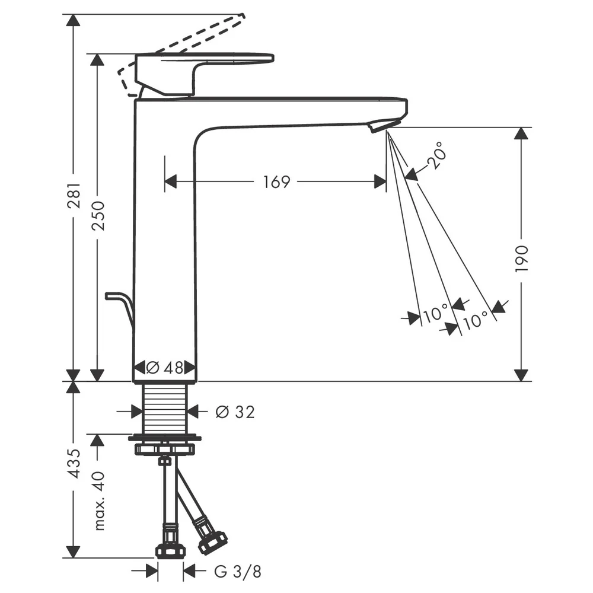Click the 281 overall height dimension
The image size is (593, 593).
click(x=75, y=196)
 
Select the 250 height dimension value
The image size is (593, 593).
click(x=98, y=216)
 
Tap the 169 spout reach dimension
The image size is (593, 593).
click(x=276, y=182)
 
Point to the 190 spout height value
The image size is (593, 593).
click(x=521, y=259)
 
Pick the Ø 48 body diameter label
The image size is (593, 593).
click(x=164, y=367)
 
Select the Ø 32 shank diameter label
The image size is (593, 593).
click(x=235, y=412)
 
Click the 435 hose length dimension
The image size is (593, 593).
click(x=74, y=464)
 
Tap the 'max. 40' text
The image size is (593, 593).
click(x=98, y=500)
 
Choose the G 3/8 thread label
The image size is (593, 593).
click(x=238, y=572)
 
